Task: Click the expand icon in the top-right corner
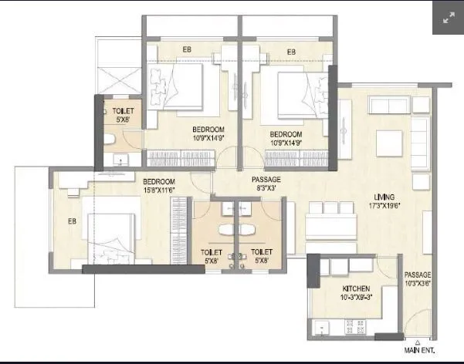point(447,19)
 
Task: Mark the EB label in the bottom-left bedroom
point(72,222)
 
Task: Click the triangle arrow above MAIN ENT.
point(416,342)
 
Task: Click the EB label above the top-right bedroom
point(291,52)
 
